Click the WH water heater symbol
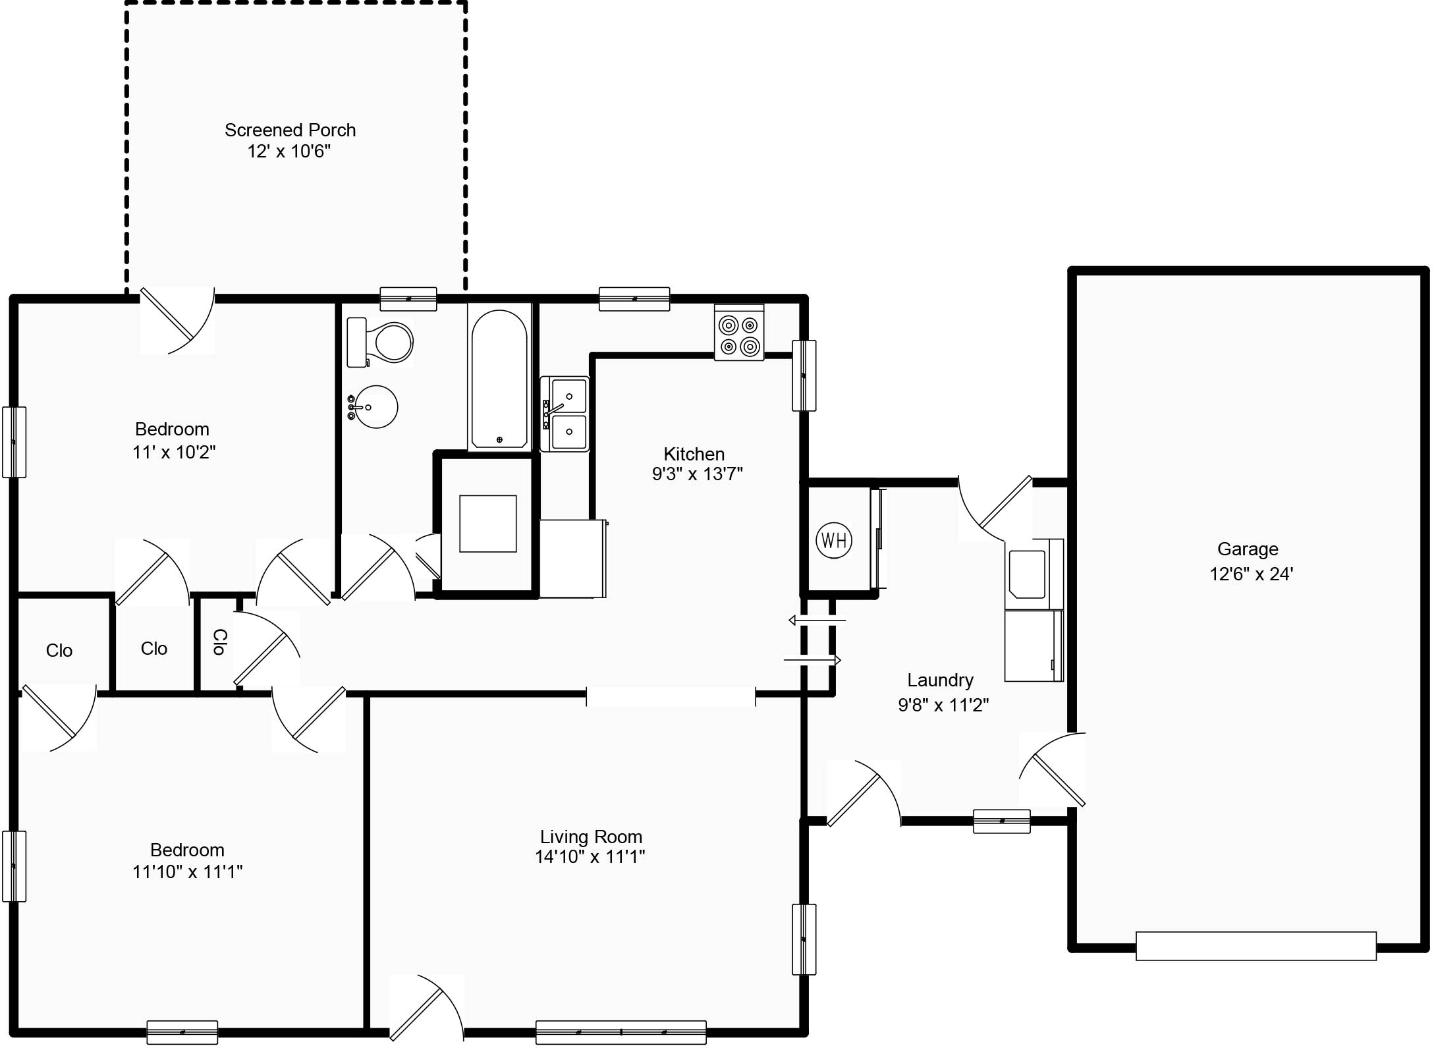pyautogui.click(x=834, y=541)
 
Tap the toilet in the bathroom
pyautogui.click(x=379, y=342)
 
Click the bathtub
pyautogui.click(x=499, y=377)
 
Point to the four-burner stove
pyautogui.click(x=739, y=333)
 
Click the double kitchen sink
pyautogui.click(x=565, y=414)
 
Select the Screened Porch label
pyautogui.click(x=290, y=130)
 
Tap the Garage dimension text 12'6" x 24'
pyautogui.click(x=1251, y=574)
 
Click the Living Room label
pyautogui.click(x=591, y=837)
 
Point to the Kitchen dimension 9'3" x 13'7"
pyautogui.click(x=697, y=474)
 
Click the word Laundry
pyautogui.click(x=940, y=680)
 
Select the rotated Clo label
pyautogui.click(x=220, y=642)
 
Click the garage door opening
pyautogui.click(x=1255, y=946)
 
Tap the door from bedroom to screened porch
pyautogui.click(x=177, y=321)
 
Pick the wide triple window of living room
pyautogui.click(x=620, y=1032)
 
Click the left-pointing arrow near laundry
pyautogui.click(x=817, y=620)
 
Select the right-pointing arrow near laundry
pyautogui.click(x=812, y=659)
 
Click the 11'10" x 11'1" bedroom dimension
pyautogui.click(x=187, y=871)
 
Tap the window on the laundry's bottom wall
pyautogui.click(x=1001, y=821)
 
